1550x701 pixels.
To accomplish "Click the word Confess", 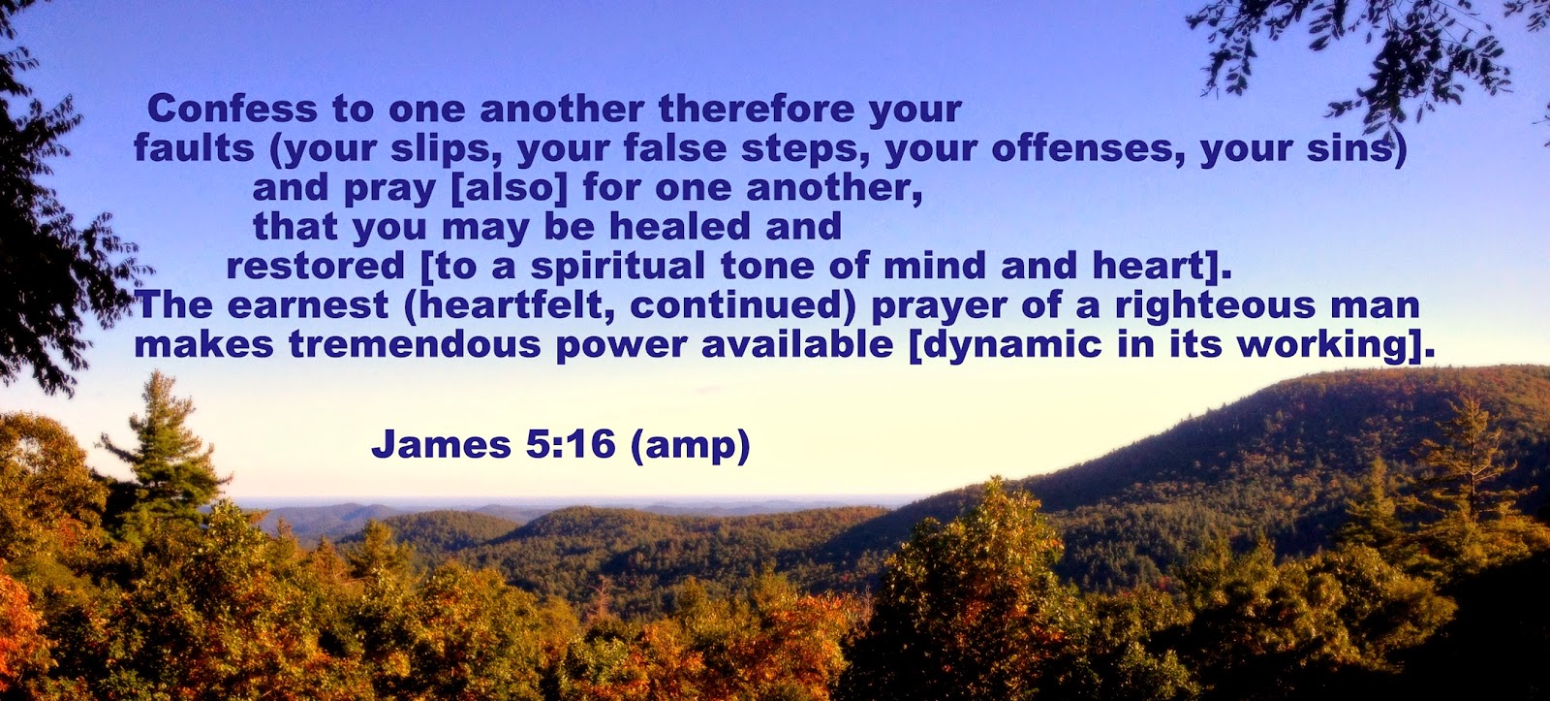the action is tap(232, 109).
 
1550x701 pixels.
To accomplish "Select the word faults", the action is tap(194, 147).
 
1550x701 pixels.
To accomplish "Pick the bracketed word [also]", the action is tap(509, 189).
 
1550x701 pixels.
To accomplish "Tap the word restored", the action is tap(316, 266).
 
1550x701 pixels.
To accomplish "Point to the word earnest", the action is tap(308, 305).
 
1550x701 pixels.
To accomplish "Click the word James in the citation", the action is tap(441, 444).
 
